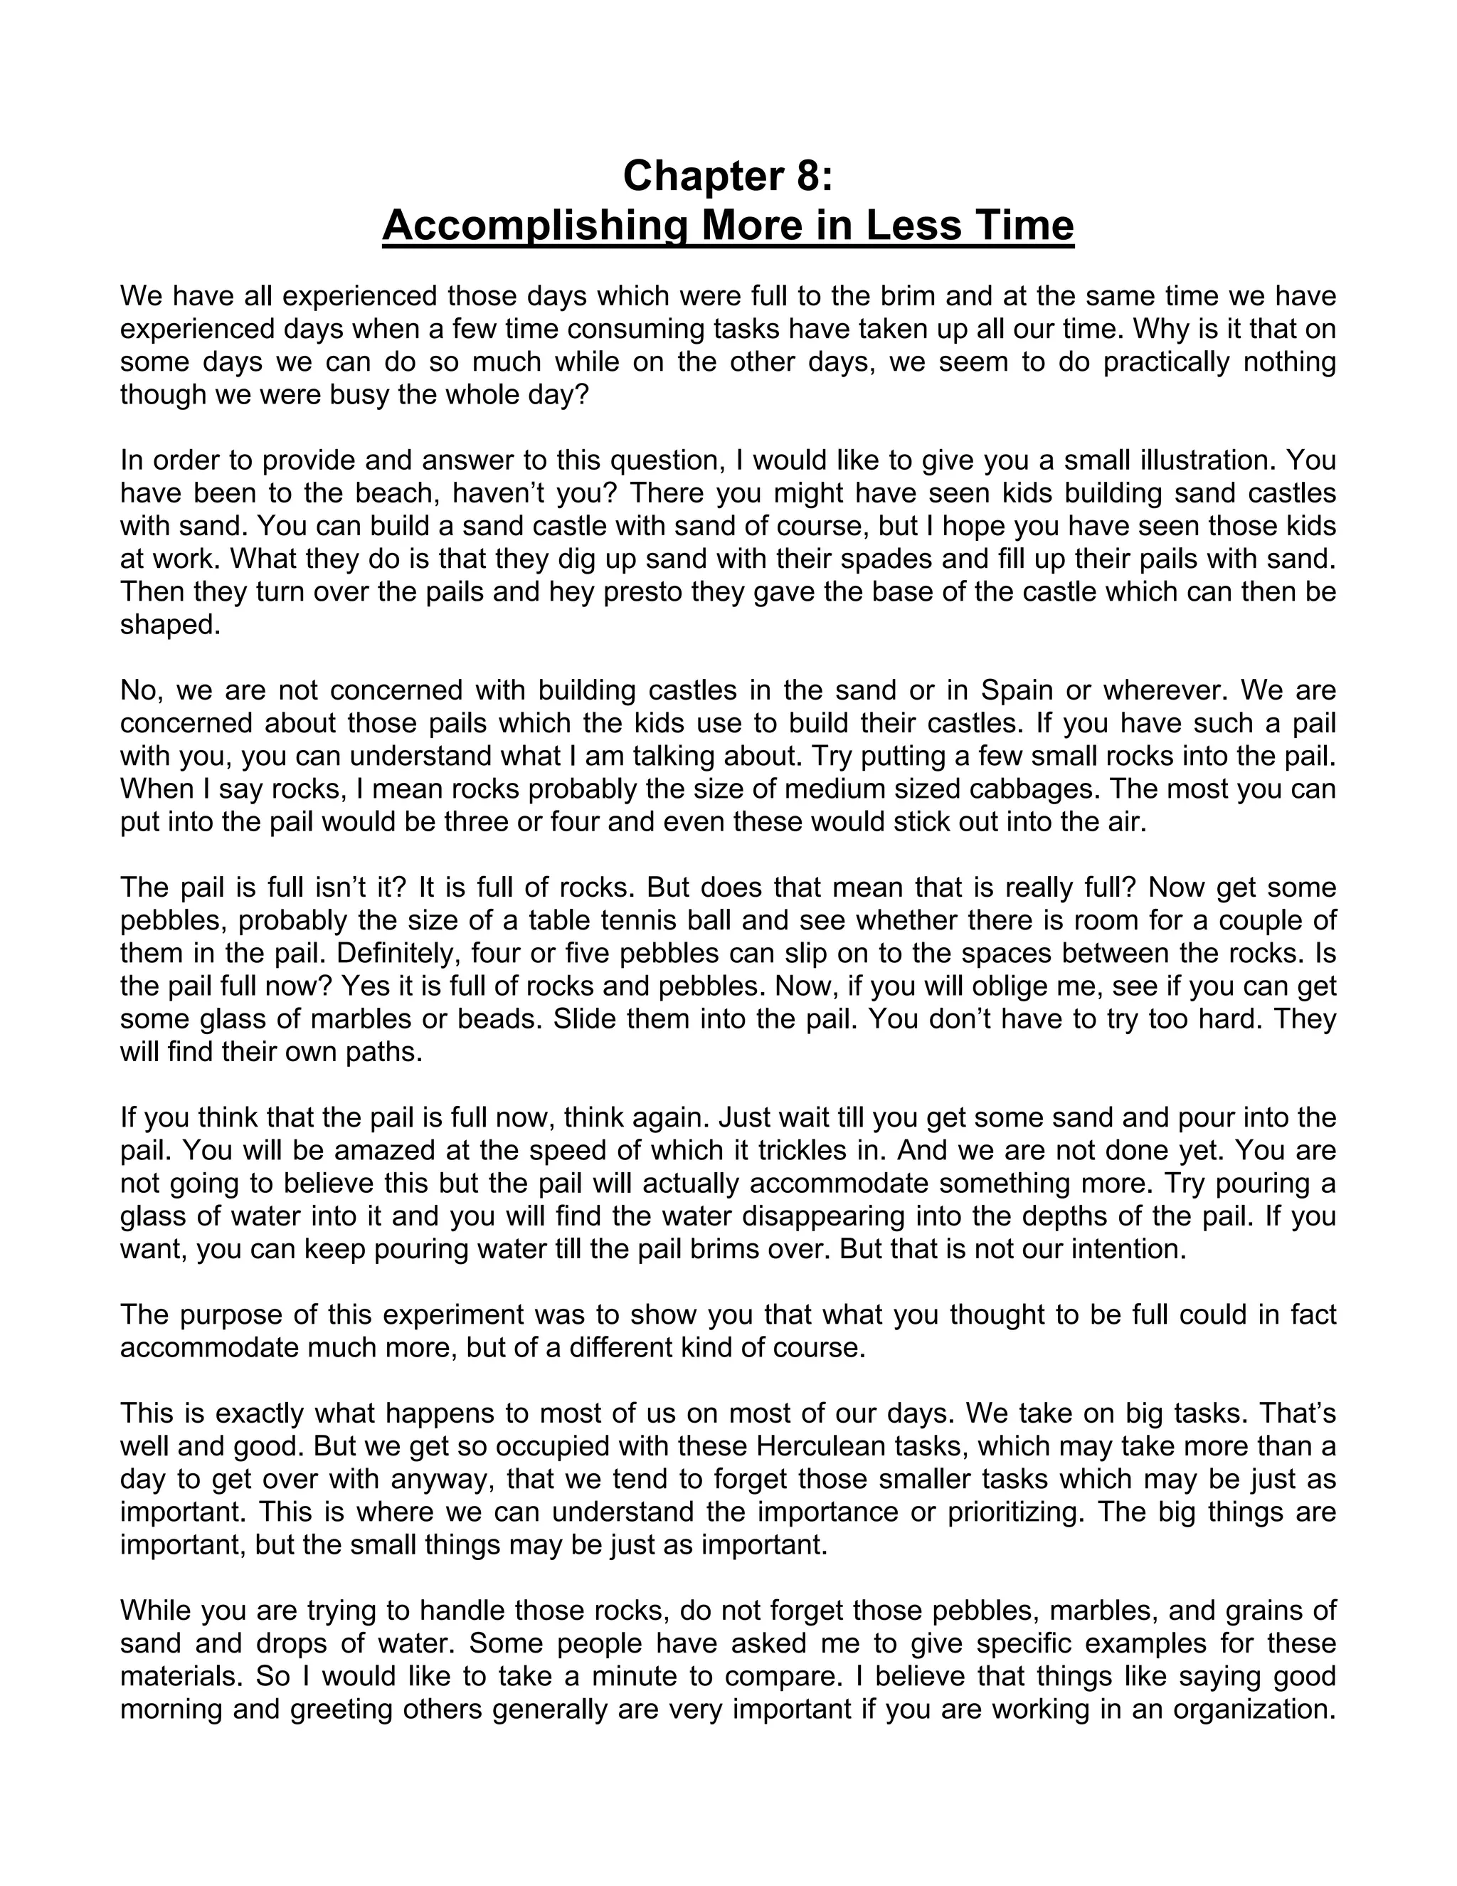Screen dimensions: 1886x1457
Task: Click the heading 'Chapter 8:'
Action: tap(728, 177)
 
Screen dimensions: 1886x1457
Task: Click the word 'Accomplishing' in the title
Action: tap(534, 226)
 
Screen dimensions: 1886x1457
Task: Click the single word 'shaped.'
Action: tap(170, 624)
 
